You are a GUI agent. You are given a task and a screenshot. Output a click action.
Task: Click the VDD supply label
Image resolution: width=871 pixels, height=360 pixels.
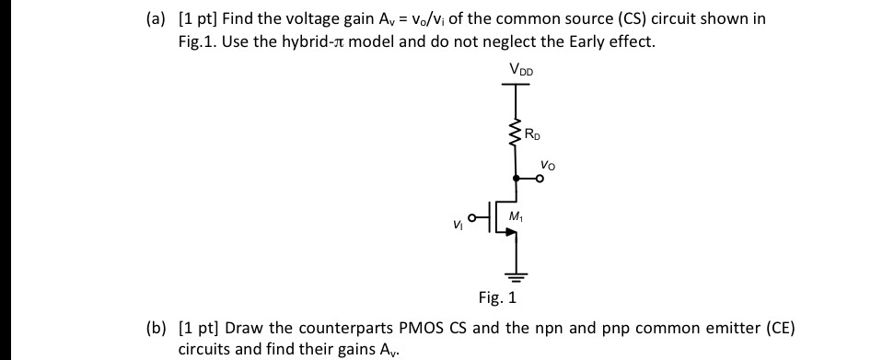[x=519, y=69]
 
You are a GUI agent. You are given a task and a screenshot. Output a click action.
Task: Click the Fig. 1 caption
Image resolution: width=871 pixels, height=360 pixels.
[x=498, y=298]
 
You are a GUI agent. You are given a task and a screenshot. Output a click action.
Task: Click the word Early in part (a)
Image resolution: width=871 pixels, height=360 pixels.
[x=585, y=41]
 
